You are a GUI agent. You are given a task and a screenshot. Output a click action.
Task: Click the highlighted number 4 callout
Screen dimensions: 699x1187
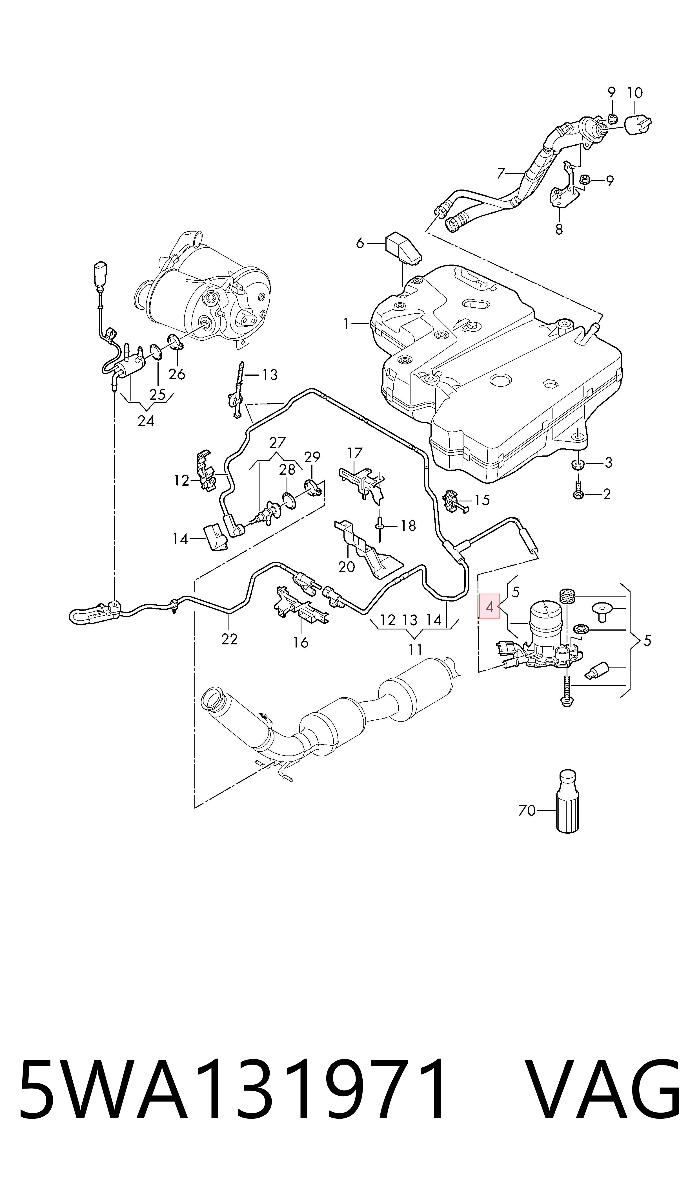(489, 606)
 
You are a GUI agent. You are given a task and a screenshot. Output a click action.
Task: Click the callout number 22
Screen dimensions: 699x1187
(229, 639)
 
